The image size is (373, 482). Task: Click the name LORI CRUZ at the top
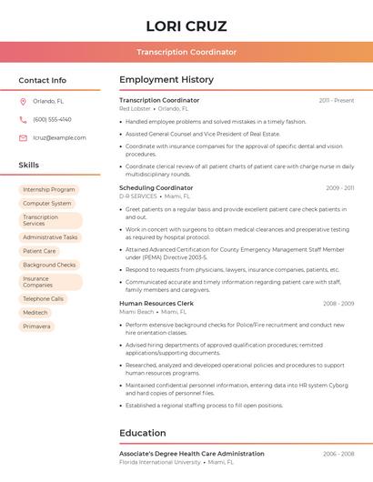186,25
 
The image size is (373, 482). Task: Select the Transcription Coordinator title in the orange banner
186,52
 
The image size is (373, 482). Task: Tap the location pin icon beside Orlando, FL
23,101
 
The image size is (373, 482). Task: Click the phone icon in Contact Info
23,119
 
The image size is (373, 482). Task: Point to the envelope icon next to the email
23,137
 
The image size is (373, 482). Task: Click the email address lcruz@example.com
59,137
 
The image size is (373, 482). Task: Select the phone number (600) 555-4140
52,119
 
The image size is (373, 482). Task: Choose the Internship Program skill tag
49,190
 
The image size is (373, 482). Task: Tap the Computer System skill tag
47,204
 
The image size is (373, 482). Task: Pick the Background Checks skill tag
49,265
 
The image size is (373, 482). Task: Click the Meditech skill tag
35,312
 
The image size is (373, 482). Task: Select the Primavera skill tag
36,326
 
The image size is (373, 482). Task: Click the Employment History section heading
166,80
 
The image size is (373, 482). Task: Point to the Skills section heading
29,165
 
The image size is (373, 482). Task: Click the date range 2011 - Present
337,100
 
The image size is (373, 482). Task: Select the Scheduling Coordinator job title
156,187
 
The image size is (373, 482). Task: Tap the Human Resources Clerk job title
156,303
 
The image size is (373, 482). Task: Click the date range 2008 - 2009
338,303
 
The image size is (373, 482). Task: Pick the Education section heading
143,433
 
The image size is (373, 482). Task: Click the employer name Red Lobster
135,108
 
